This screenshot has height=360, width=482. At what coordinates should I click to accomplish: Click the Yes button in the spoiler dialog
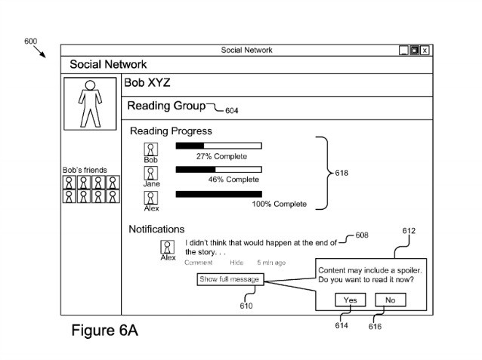click(350, 300)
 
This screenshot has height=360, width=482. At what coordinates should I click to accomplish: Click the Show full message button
click(229, 279)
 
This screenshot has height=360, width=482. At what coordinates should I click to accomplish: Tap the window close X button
click(425, 51)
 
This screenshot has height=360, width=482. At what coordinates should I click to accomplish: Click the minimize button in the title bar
click(404, 51)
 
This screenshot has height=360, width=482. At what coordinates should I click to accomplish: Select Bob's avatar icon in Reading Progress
click(151, 149)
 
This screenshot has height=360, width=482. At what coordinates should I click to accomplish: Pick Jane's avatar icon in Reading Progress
click(151, 173)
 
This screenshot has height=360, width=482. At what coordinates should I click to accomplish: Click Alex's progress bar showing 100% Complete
click(218, 194)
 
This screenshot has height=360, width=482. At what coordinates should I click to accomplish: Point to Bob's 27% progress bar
click(218, 145)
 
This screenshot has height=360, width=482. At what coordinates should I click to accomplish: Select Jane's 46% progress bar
click(218, 169)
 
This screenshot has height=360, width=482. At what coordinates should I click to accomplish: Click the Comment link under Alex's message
click(198, 263)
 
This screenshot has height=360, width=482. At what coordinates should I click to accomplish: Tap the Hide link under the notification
click(236, 263)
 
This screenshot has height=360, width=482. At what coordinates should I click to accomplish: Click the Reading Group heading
click(166, 106)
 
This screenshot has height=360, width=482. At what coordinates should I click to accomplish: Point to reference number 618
click(341, 173)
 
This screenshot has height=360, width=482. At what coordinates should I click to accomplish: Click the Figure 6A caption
click(104, 331)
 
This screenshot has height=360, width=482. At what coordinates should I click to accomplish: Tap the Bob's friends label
click(85, 170)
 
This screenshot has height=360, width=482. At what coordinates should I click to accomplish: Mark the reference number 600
click(31, 42)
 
